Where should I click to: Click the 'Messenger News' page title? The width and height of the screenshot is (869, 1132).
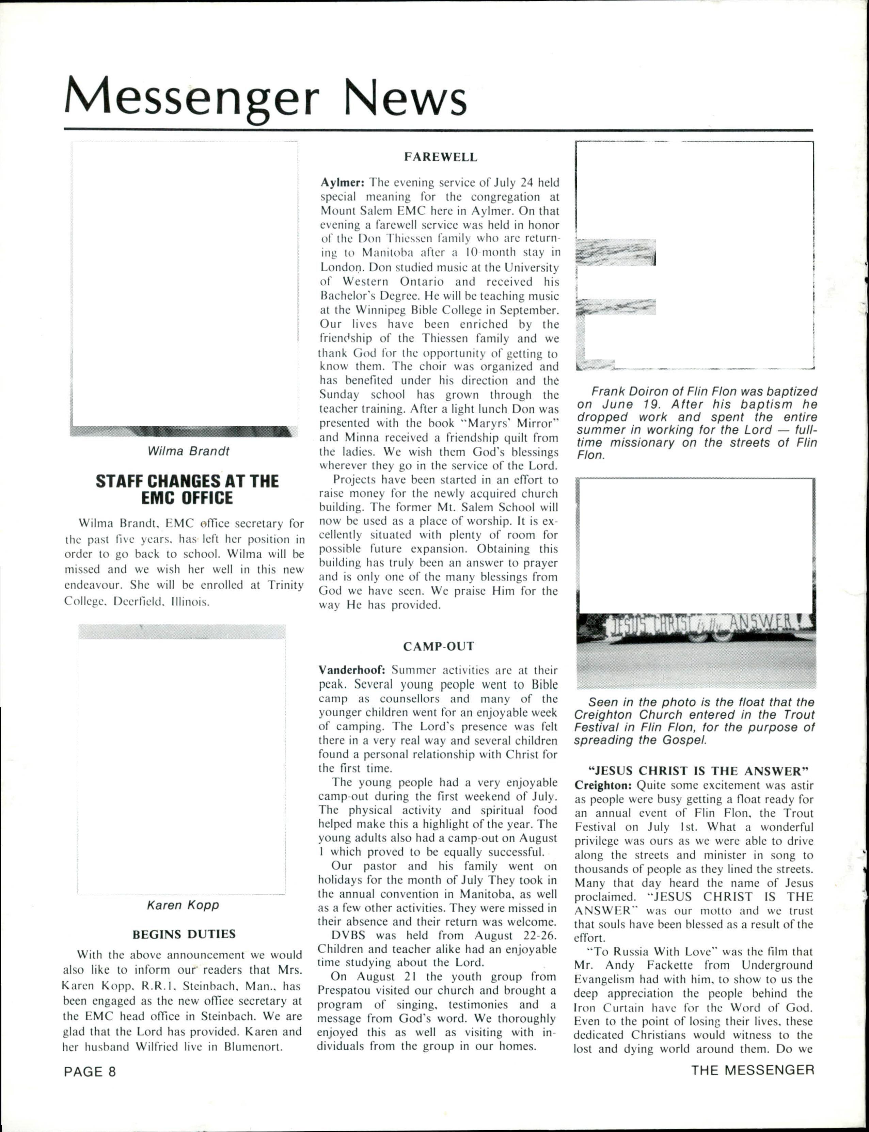[265, 97]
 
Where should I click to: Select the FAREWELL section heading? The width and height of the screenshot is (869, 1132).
[440, 157]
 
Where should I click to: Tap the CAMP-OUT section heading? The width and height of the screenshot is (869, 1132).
[439, 647]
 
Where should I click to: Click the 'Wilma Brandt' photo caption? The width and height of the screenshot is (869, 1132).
[188, 451]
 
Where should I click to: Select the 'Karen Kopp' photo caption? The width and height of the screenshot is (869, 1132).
[183, 905]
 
